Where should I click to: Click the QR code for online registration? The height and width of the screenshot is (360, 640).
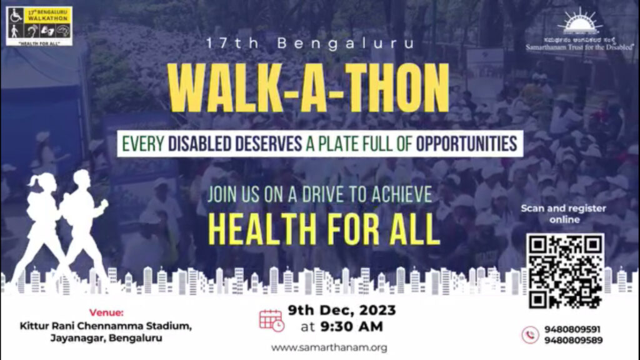(x=566, y=271)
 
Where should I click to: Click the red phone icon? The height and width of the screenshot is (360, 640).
(x=530, y=335)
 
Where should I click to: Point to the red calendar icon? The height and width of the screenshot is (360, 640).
(x=271, y=319)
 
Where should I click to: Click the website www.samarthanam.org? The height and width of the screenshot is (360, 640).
(x=329, y=347)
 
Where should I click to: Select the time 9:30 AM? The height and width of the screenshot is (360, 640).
(x=352, y=326)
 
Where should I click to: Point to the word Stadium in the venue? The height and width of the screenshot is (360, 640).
(x=168, y=326)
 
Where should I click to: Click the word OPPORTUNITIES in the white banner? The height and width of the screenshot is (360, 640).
(x=466, y=144)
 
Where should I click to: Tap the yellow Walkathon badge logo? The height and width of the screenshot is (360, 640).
(x=39, y=25)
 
